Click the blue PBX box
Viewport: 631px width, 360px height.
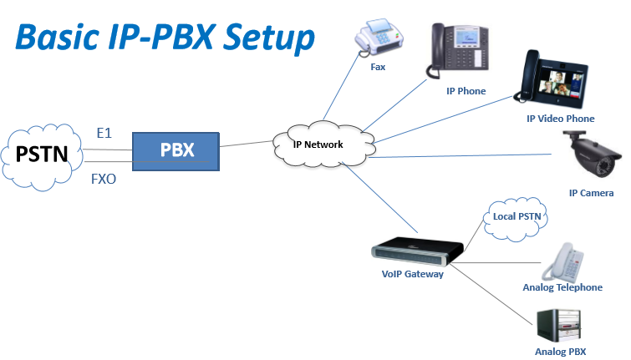[176, 151]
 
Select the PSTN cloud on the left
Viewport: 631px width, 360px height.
[42, 155]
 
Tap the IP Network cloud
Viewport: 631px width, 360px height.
[318, 144]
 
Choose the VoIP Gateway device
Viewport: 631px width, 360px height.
[416, 251]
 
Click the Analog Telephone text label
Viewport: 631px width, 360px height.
[562, 287]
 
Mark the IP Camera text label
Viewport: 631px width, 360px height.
[591, 193]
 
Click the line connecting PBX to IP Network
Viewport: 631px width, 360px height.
[247, 145]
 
